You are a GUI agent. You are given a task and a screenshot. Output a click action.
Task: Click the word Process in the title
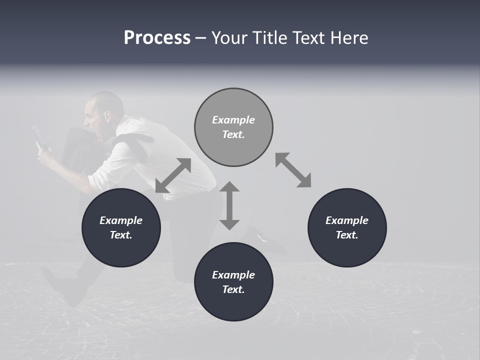tap(157, 38)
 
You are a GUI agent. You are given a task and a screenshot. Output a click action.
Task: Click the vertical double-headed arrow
tap(229, 205)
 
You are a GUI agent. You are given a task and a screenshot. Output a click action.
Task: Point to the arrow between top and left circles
tap(173, 175)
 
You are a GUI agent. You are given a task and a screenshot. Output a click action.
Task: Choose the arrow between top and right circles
tap(293, 170)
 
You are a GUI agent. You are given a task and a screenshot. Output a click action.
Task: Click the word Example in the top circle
tap(233, 120)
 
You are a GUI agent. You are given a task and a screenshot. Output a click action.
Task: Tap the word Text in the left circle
tap(121, 235)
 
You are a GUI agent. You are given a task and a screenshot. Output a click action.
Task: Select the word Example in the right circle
tap(347, 220)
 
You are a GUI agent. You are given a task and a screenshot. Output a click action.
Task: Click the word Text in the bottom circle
tap(233, 289)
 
